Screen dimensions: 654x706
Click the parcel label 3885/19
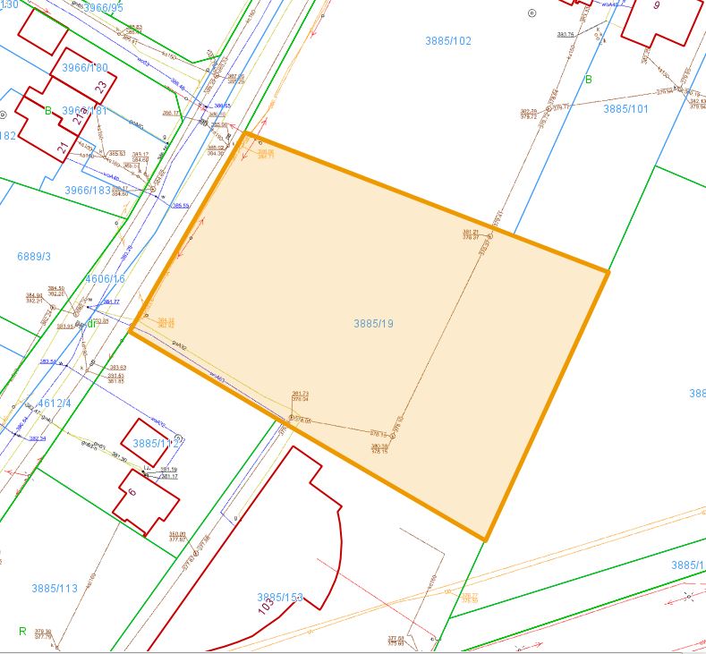(373, 323)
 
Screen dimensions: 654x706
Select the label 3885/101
(625, 109)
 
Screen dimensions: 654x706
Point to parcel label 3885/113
(55, 588)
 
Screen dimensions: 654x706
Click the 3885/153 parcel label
(280, 597)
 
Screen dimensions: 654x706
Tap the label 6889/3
(34, 257)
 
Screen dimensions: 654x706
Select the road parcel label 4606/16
(105, 279)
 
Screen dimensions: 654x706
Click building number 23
(101, 87)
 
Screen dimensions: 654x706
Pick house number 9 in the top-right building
(657, 5)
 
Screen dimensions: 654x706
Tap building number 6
(132, 493)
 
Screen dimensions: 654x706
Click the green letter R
(22, 631)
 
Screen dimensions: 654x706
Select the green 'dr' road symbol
(91, 323)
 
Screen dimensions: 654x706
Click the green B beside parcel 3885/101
(589, 80)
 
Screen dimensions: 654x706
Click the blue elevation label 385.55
(181, 206)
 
